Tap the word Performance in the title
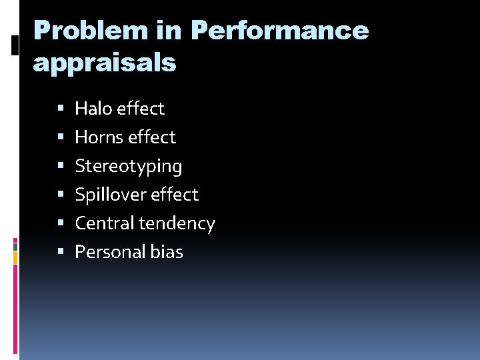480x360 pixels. (x=279, y=31)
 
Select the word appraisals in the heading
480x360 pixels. (x=104, y=63)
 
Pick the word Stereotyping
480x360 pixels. (x=128, y=166)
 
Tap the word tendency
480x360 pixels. (x=177, y=224)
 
